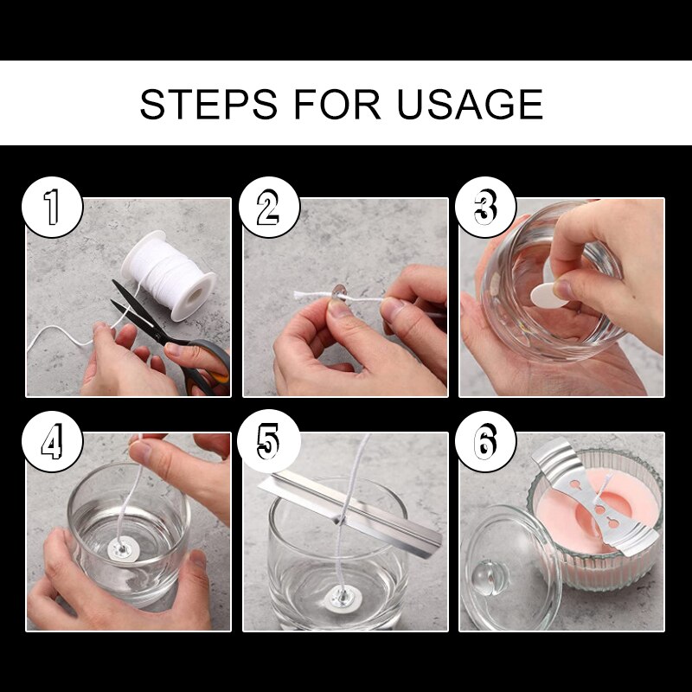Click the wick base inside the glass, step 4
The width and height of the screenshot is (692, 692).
[x=121, y=547]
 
